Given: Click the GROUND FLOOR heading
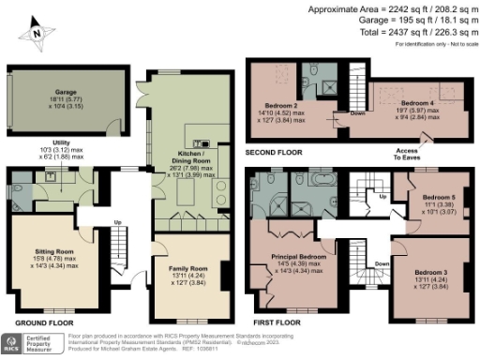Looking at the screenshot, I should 37,322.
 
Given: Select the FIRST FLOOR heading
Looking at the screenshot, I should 277,322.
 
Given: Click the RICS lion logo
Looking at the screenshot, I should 11,342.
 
